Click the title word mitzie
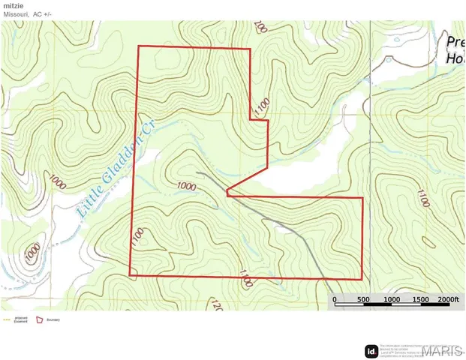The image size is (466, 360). [14, 5]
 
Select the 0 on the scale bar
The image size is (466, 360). [335, 300]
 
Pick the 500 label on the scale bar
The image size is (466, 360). [362, 300]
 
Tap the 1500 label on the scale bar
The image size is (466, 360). [419, 300]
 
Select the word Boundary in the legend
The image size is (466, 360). [53, 320]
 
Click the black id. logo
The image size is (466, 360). [371, 350]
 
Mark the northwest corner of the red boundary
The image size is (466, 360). [138, 46]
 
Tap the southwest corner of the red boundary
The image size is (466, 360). [131, 275]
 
